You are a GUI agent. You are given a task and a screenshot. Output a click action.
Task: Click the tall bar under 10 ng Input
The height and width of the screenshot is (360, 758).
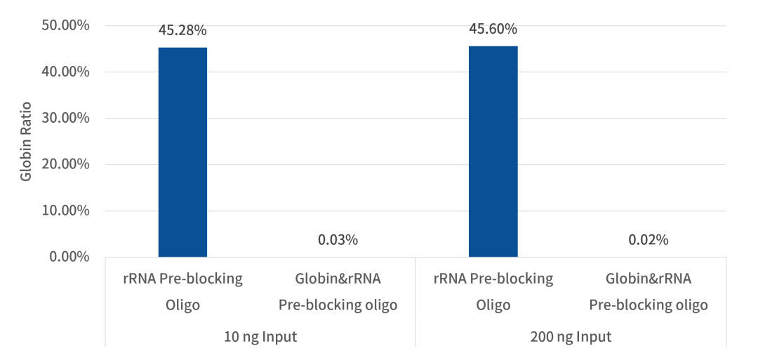(x=182, y=152)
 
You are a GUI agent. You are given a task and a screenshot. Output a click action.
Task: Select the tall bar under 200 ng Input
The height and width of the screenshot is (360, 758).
(x=493, y=151)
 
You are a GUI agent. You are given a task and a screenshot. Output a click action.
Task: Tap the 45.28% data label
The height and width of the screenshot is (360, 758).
(x=182, y=30)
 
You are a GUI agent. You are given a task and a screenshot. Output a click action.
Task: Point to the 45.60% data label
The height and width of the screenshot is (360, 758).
(x=493, y=29)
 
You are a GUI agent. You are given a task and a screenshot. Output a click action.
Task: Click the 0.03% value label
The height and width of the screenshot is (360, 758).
(x=338, y=240)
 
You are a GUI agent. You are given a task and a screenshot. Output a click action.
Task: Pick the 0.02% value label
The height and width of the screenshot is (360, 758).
(x=648, y=240)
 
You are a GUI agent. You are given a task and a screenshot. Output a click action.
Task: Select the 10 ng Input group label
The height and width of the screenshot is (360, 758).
(x=260, y=337)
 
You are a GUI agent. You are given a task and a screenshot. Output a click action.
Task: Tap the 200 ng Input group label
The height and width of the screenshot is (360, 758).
(x=570, y=337)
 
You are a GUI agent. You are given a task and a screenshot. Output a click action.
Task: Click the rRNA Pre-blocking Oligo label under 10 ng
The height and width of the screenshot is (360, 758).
(x=182, y=292)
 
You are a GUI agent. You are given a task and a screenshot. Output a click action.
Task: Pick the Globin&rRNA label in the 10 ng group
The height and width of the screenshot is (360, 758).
(x=338, y=279)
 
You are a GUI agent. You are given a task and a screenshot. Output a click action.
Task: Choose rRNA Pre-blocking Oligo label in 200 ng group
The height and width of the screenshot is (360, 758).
(x=493, y=292)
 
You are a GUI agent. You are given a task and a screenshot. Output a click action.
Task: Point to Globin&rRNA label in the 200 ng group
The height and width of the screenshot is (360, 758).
(x=648, y=279)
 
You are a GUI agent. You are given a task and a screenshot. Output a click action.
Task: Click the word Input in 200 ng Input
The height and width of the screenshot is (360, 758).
(x=594, y=337)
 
